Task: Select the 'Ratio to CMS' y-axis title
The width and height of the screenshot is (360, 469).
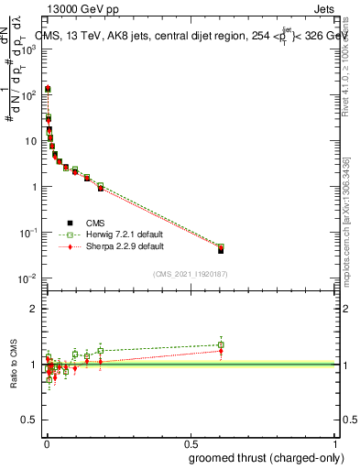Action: (x=15, y=363)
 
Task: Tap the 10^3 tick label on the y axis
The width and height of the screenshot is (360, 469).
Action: (x=27, y=49)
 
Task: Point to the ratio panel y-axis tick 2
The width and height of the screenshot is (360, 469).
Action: (x=31, y=309)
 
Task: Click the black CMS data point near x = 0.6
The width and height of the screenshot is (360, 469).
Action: (x=221, y=250)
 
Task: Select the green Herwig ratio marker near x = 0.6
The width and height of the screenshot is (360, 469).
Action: (x=221, y=344)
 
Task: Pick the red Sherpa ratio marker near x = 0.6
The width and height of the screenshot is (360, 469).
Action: (x=221, y=351)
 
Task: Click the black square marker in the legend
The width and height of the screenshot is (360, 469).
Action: (x=70, y=222)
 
